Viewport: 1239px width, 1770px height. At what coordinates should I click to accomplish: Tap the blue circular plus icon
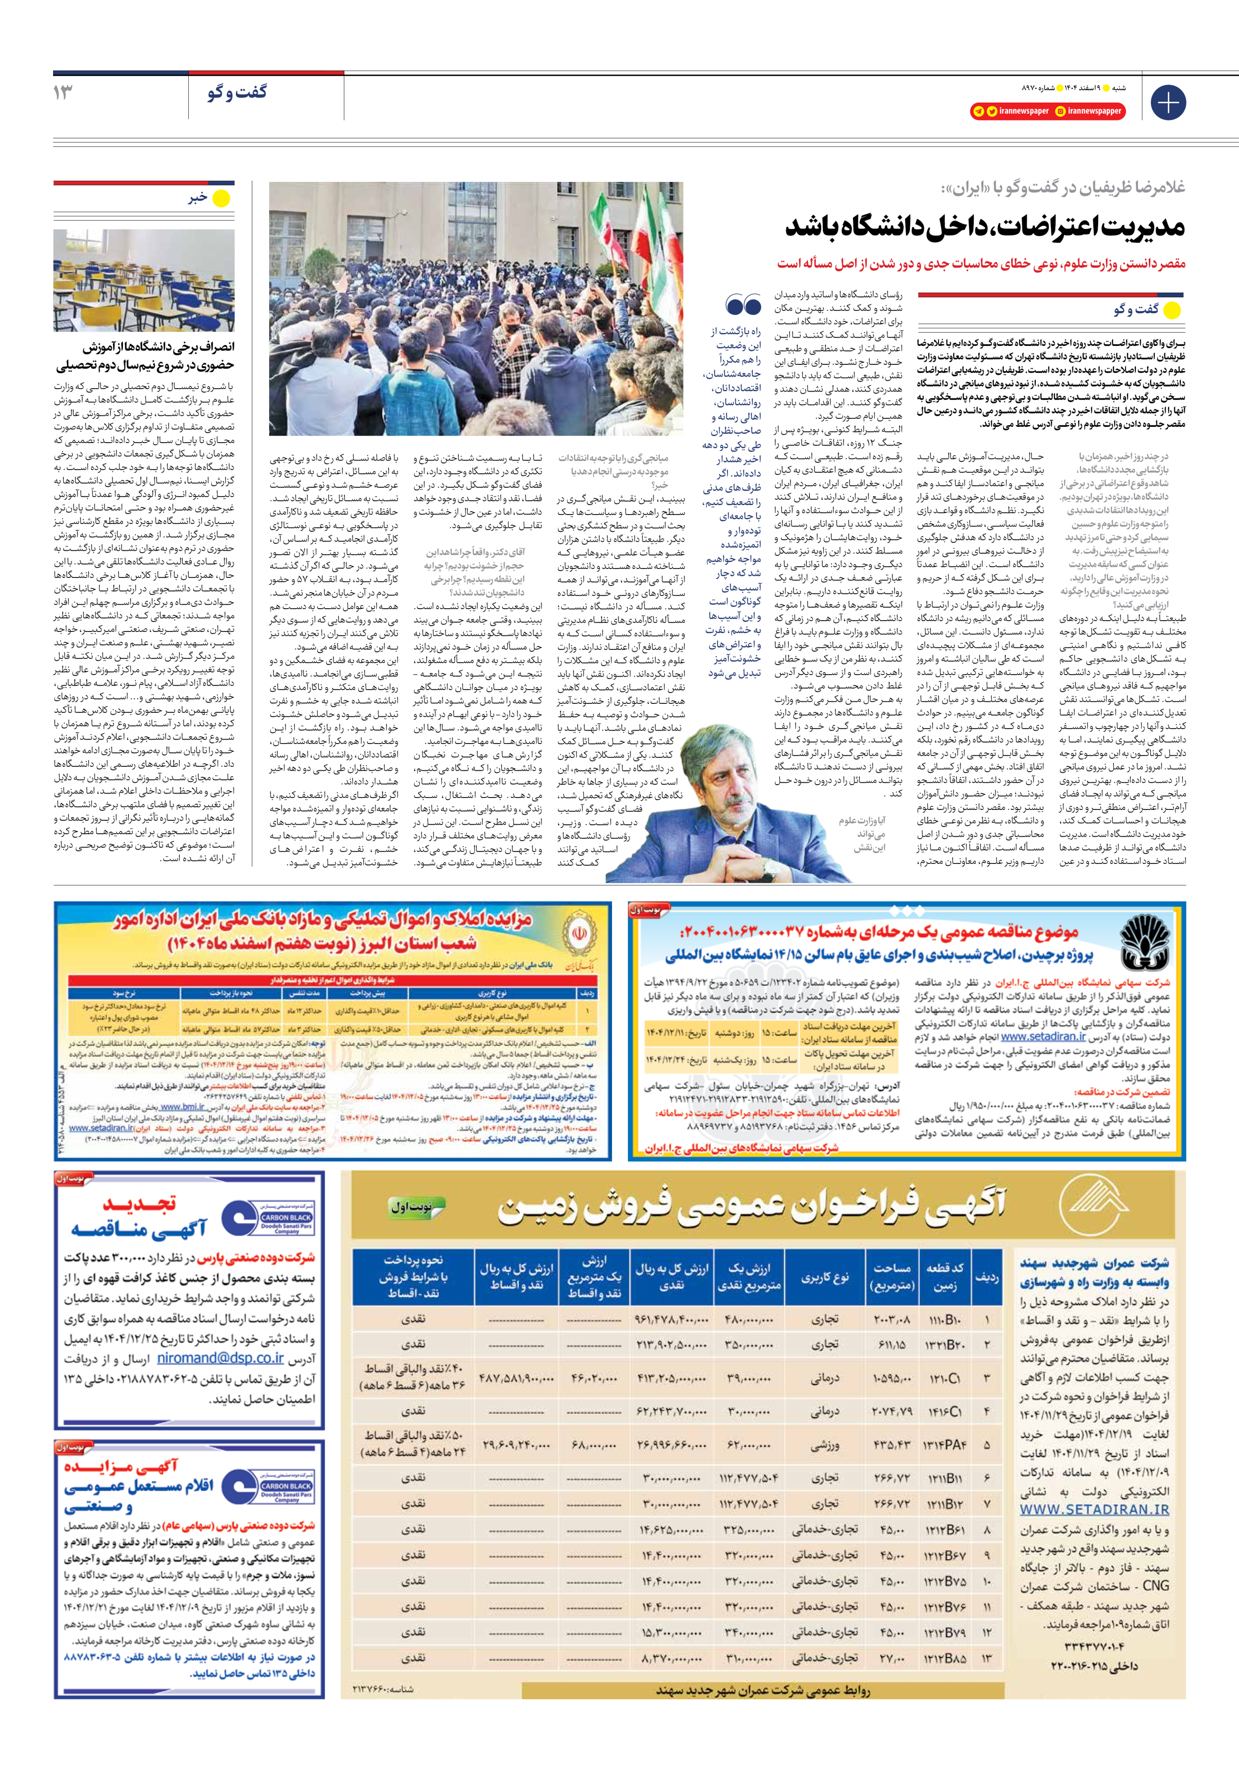(1167, 103)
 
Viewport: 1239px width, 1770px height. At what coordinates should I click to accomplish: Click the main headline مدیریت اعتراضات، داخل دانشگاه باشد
(985, 227)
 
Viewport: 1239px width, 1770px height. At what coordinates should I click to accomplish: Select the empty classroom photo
(144, 280)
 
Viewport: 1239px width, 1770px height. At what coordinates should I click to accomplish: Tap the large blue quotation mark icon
(743, 306)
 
